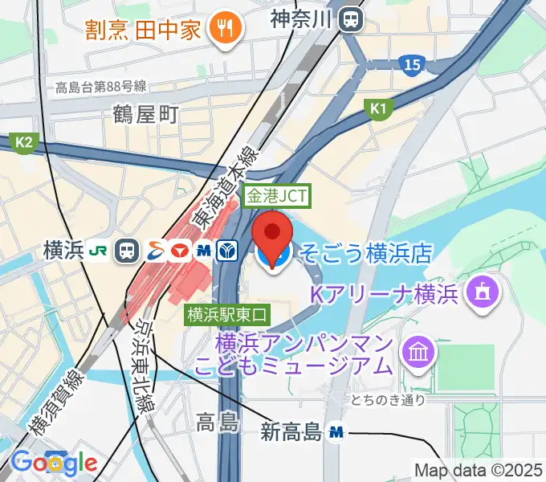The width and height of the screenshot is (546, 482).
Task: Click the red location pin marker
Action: click(x=274, y=235)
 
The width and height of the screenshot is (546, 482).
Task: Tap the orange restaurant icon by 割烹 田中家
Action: click(x=220, y=29)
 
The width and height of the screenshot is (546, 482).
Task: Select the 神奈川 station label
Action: click(x=301, y=18)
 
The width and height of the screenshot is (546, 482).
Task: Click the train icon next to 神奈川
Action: click(x=350, y=18)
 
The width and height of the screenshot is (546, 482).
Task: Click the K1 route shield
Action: click(x=377, y=108)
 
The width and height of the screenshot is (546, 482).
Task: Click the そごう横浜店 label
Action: click(x=365, y=255)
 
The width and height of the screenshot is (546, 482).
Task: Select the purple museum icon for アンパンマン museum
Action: click(x=419, y=351)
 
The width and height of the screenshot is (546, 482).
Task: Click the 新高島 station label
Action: click(x=291, y=433)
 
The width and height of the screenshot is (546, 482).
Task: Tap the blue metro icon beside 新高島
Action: click(x=337, y=433)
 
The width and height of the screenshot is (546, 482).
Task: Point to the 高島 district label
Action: click(x=217, y=421)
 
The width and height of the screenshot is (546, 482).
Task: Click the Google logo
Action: click(x=54, y=462)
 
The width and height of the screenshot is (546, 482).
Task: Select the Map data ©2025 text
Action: click(x=478, y=470)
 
